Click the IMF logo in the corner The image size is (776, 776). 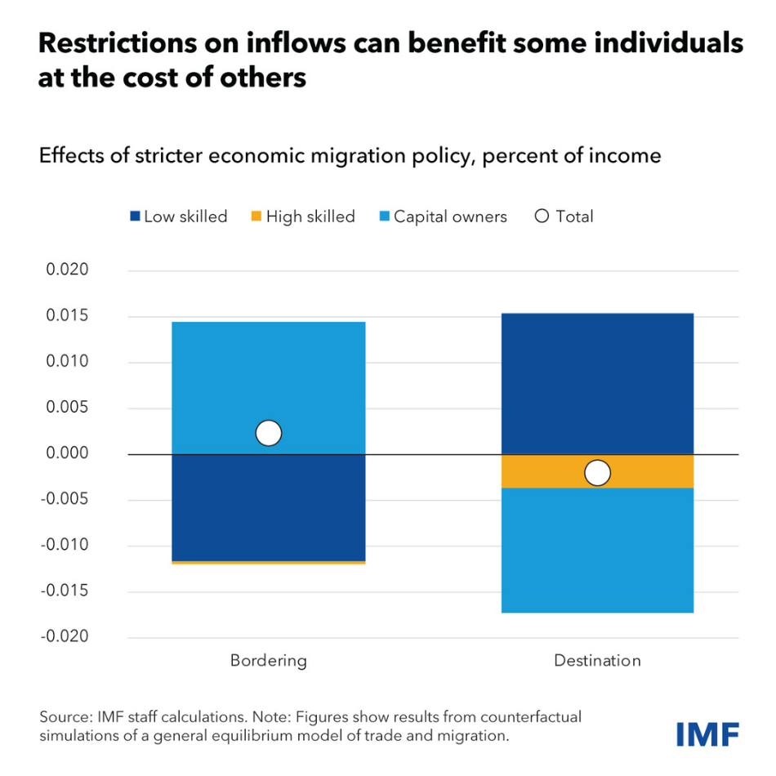pos(707,733)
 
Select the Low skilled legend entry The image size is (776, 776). pos(177,216)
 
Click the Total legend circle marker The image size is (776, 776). pos(542,216)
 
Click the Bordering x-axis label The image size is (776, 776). pos(268,660)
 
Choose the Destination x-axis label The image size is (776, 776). pos(597,660)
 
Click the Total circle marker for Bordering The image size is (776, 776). pos(268,433)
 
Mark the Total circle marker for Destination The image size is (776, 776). pos(597,473)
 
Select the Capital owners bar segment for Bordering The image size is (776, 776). pos(268,376)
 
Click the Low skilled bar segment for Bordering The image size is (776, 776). pos(268,507)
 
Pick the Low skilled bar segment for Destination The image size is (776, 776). pos(597,383)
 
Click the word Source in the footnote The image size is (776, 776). pos(65,716)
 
